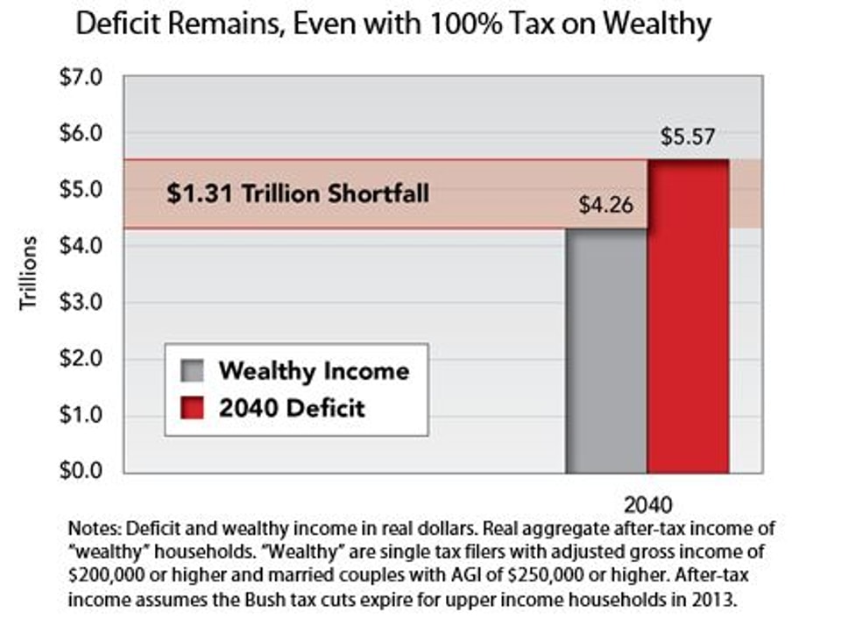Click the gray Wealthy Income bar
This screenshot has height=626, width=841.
point(606,350)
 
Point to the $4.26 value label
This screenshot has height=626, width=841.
point(605,207)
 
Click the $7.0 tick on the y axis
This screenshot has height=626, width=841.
point(81,77)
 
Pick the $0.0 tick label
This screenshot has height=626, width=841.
point(81,471)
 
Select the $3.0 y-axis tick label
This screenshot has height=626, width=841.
point(81,302)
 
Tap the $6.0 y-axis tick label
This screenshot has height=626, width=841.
point(81,133)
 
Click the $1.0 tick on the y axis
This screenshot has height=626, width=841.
point(81,415)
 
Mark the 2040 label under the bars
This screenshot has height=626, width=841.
point(648,506)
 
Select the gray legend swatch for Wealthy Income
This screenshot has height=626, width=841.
point(194,370)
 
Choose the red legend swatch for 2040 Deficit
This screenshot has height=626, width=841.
point(194,407)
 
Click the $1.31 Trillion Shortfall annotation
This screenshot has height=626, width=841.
point(298,193)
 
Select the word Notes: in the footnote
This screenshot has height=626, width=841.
point(94,531)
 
